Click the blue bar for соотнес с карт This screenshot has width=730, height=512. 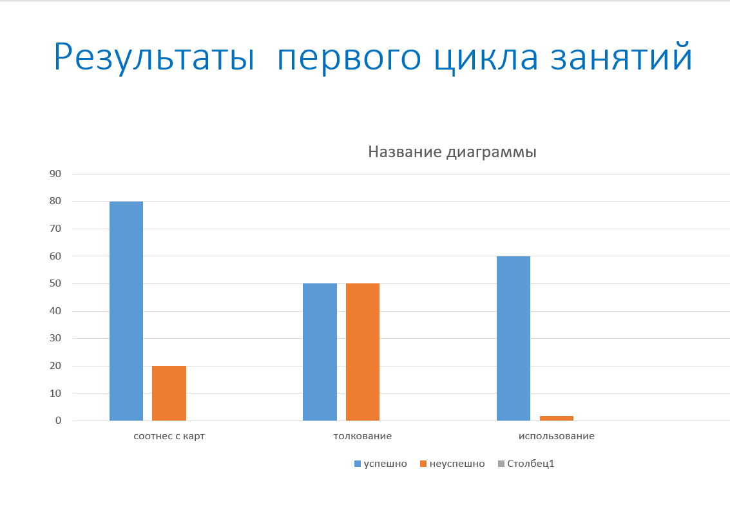[126, 311]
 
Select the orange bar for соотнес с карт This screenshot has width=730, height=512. [169, 393]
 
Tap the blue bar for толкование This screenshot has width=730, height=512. [320, 352]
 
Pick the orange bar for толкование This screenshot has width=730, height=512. [363, 352]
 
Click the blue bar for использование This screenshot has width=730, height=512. [514, 338]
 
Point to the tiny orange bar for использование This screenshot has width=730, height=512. [557, 419]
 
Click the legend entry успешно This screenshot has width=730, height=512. [381, 464]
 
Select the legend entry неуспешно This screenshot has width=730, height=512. [452, 464]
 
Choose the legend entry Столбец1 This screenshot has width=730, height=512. [526, 464]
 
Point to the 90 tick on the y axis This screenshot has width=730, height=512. [55, 174]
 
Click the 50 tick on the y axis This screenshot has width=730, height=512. [55, 283]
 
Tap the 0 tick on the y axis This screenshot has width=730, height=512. [58, 421]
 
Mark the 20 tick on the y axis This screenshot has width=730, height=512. [55, 366]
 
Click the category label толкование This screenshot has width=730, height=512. [363, 436]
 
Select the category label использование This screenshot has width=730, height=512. [556, 436]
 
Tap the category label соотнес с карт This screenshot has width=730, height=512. [169, 436]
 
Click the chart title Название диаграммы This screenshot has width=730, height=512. [452, 152]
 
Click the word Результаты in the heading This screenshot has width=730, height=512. [154, 57]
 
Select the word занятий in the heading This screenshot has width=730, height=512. [622, 56]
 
